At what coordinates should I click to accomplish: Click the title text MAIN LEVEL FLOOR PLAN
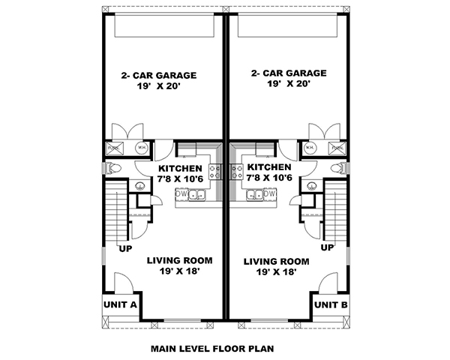pos(212,348)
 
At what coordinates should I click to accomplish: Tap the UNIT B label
pos(330,304)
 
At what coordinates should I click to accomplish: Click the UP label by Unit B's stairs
pos(327,247)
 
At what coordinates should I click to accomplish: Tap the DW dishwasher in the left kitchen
pos(181,194)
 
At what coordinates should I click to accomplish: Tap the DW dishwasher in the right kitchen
pos(270,194)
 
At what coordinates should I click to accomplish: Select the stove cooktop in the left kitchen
pos(214,172)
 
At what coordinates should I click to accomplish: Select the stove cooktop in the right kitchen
pos(236,172)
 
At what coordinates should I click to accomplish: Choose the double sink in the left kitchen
pos(197,196)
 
